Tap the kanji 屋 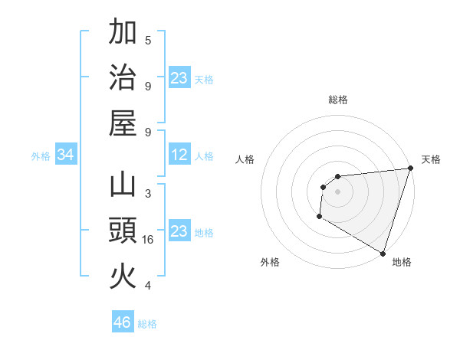[123, 123]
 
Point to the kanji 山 [123, 186]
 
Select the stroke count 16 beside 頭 [149, 240]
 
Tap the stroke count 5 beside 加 [148, 41]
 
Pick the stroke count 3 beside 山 [148, 194]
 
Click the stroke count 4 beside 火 [148, 286]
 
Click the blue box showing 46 [123, 322]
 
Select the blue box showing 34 [66, 155]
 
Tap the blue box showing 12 [179, 155]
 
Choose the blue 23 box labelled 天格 [179, 78]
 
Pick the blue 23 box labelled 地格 [179, 232]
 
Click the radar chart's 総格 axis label [337, 100]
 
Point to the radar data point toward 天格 [410, 169]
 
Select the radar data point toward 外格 [319, 218]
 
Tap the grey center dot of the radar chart [337, 191]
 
